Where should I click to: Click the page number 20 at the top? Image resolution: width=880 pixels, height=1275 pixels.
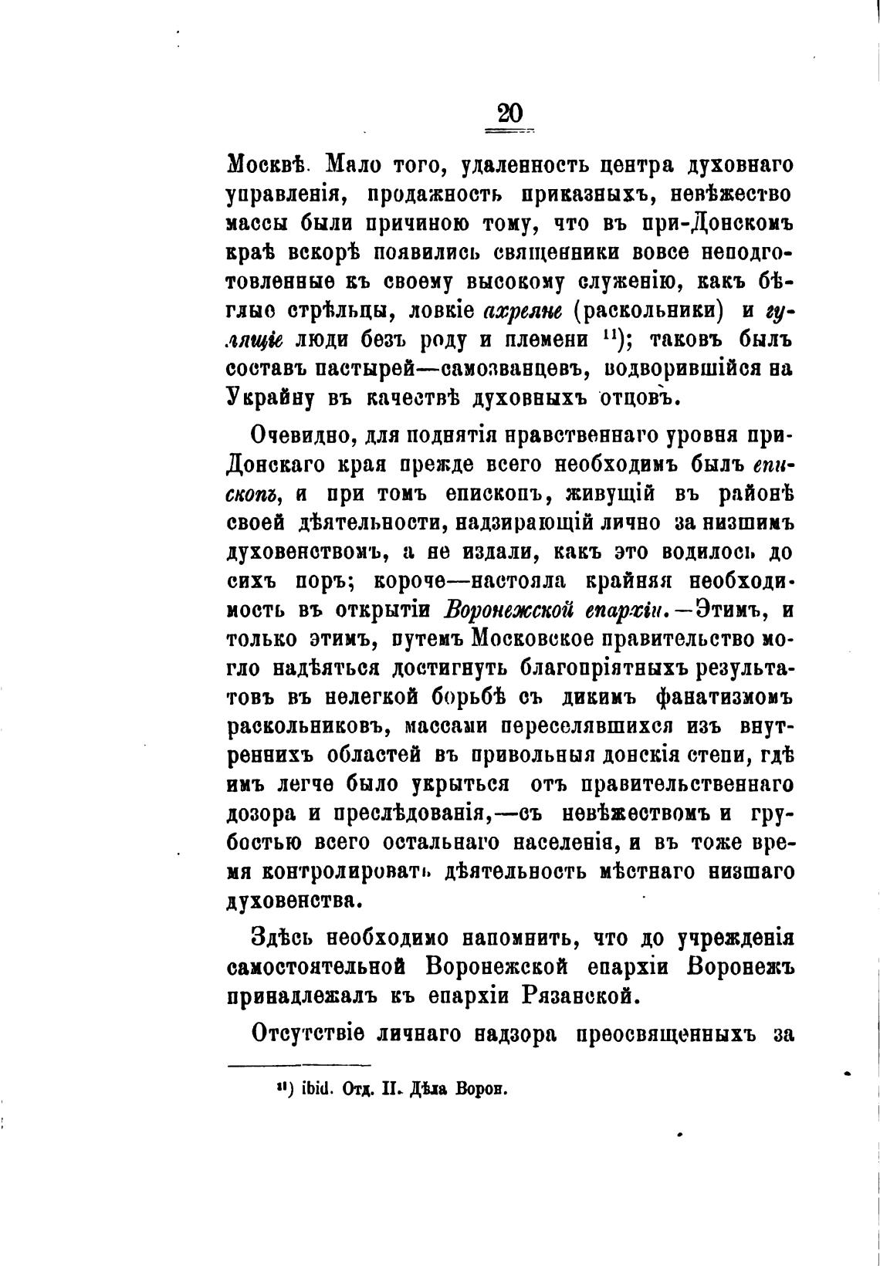click(509, 114)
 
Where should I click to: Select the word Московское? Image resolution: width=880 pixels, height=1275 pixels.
click(547, 639)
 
